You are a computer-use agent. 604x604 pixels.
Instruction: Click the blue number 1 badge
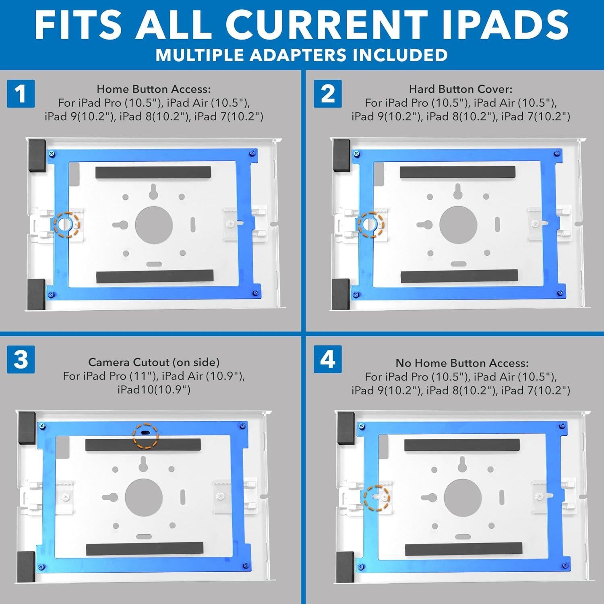click(x=21, y=93)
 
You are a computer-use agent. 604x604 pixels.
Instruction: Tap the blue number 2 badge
click(x=328, y=93)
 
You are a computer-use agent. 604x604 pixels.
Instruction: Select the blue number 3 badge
click(x=21, y=359)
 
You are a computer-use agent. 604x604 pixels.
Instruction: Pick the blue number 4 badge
click(x=328, y=359)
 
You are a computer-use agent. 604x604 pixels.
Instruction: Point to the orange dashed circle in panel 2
click(x=371, y=224)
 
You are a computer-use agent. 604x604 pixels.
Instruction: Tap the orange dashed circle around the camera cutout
click(x=146, y=435)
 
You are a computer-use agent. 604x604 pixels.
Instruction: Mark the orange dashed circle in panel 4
click(x=377, y=498)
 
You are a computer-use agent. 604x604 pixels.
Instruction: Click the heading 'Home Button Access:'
click(x=153, y=89)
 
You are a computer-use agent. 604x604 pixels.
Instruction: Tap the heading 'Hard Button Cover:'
click(x=461, y=89)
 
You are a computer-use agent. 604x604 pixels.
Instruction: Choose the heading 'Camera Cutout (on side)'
click(x=154, y=362)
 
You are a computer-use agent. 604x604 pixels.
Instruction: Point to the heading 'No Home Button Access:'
click(x=462, y=363)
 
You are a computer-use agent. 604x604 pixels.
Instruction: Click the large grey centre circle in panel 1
click(x=154, y=225)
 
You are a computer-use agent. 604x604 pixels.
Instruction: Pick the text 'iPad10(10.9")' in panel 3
click(x=154, y=390)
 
